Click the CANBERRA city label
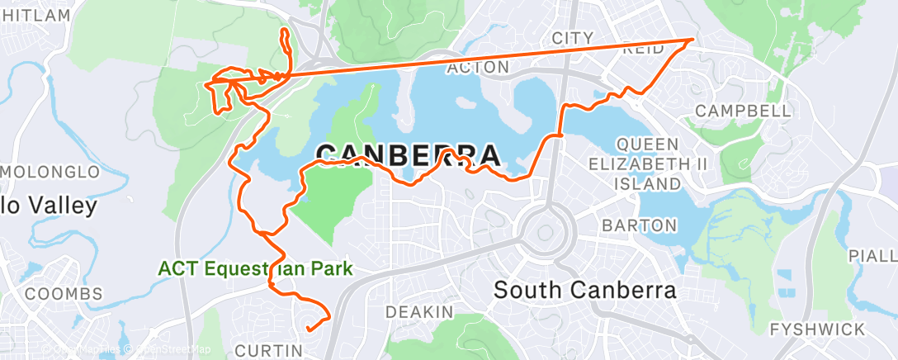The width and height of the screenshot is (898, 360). point(408,155)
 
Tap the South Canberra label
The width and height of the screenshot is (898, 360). point(584,291)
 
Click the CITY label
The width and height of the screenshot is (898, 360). point(572,38)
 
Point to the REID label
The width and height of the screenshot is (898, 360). point(645,50)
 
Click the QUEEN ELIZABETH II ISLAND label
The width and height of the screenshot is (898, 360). point(648,163)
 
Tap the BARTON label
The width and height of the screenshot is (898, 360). point(640,225)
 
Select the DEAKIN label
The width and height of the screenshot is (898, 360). point(420,312)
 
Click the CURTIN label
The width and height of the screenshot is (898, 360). point(269,351)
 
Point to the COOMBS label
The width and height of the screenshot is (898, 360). point(64,294)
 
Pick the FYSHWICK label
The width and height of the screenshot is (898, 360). point(817,329)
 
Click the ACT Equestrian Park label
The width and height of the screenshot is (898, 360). point(256,268)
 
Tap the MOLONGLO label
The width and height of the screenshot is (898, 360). point(51,172)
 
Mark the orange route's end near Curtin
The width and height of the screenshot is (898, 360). point(308,329)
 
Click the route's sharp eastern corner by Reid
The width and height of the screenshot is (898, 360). point(692,39)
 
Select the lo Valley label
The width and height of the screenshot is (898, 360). point(50,205)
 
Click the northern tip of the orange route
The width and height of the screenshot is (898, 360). point(285,31)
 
